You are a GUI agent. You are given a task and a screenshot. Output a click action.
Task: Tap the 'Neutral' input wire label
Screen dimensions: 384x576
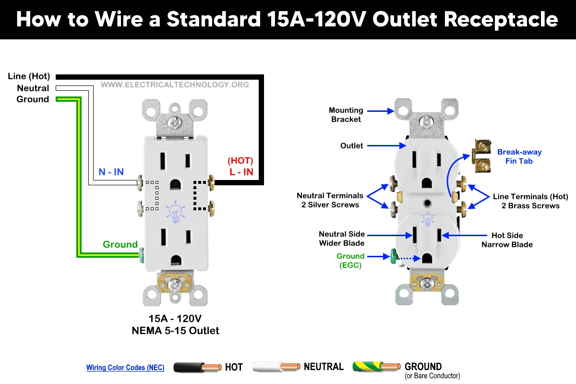tap(33, 88)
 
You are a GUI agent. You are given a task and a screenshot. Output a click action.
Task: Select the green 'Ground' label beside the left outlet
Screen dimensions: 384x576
tap(120, 244)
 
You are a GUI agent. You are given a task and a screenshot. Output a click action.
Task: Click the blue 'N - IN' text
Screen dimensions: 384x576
tap(111, 172)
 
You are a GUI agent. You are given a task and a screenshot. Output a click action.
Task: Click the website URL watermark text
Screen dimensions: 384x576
tap(175, 85)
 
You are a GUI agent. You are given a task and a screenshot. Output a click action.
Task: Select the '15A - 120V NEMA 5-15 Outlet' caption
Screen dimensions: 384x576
tap(175, 324)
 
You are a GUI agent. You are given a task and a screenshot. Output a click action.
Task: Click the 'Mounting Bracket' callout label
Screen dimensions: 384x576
tap(346, 115)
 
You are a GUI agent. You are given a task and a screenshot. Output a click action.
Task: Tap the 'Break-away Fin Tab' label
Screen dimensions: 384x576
tap(519, 156)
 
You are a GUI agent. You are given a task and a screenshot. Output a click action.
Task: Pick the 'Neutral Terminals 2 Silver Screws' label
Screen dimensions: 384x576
tap(330, 200)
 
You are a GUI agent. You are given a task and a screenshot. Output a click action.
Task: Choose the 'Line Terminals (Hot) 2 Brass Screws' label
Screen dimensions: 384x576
tap(530, 201)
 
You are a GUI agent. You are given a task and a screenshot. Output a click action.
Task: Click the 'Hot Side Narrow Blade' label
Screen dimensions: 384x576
tap(507, 240)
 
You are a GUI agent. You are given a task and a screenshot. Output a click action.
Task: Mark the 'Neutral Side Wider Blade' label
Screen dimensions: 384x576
tap(342, 239)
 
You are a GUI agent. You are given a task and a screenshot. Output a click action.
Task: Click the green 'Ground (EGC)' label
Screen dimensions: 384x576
tap(350, 261)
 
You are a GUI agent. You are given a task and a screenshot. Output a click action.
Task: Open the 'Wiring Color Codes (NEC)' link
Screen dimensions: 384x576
tap(125, 368)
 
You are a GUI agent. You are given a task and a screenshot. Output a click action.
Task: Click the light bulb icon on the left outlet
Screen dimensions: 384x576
tap(175, 212)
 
